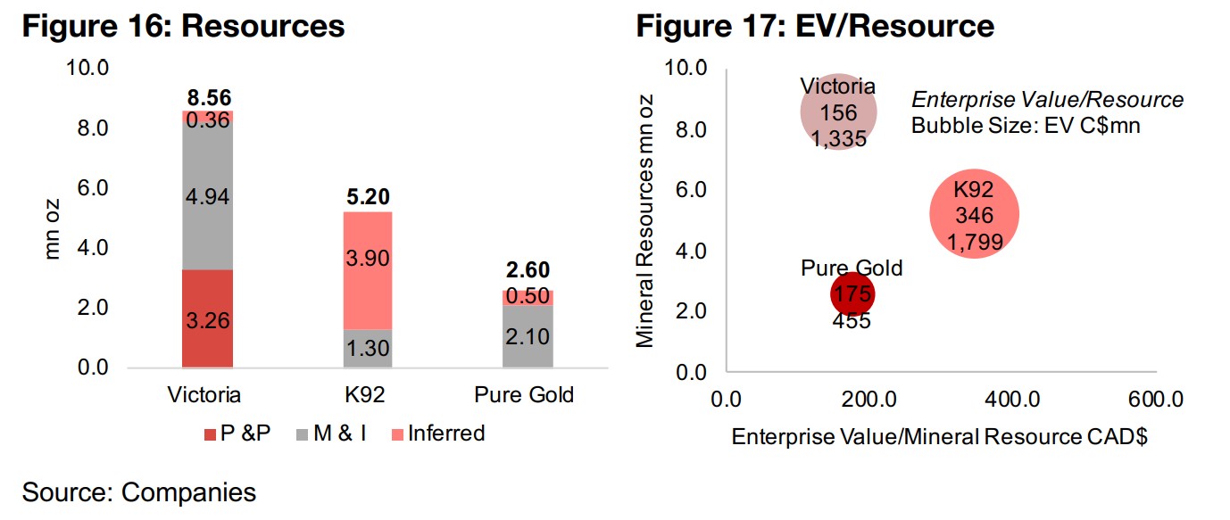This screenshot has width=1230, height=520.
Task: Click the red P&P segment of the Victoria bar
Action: pos(207,318)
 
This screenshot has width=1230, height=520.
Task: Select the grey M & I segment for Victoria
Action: pos(207,196)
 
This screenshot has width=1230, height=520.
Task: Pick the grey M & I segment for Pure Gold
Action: pos(527,336)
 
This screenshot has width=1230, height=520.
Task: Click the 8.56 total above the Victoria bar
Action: pos(208,98)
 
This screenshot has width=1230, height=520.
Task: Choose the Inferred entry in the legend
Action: pos(437,433)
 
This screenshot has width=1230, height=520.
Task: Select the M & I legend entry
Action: pos(338,434)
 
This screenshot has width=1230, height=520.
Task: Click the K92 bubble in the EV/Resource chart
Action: pos(974,214)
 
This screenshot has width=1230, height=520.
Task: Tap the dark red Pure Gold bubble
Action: pos(852,294)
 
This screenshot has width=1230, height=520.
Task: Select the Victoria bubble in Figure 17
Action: pos(838,112)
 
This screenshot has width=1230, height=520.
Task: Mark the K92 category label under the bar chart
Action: pos(367,394)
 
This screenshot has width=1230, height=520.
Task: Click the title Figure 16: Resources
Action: pos(183,26)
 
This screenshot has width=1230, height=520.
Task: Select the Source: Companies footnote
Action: pos(138,491)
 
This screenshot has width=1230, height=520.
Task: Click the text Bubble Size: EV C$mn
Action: pos(1026,126)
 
